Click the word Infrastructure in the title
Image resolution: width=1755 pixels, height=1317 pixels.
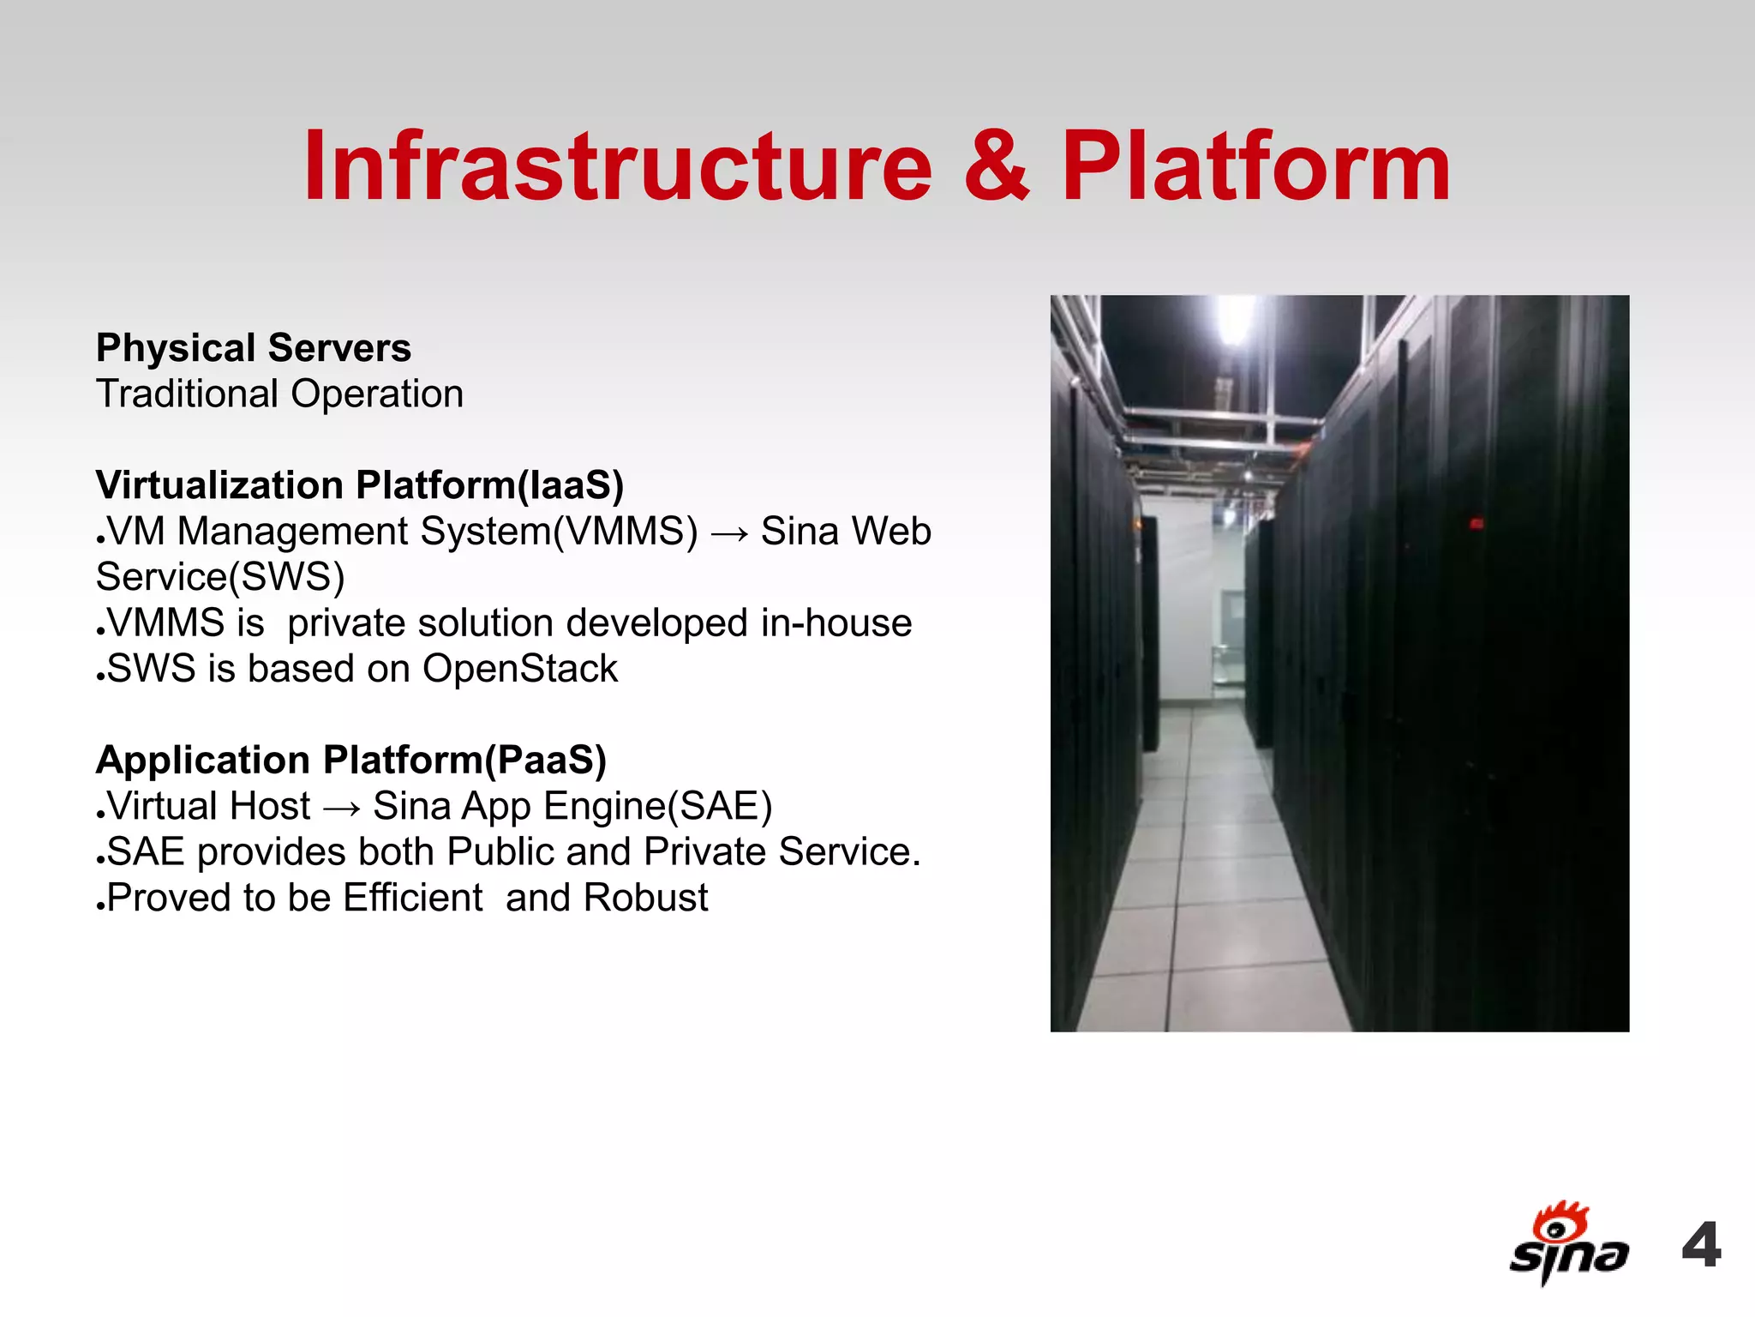617,166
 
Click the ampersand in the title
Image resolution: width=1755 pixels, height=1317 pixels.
996,166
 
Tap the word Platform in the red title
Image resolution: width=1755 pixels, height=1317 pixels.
1256,166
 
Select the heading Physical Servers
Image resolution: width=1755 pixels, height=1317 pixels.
254,348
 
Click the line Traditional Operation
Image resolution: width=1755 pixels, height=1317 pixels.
279,394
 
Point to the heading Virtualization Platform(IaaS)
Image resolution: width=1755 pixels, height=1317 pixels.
360,485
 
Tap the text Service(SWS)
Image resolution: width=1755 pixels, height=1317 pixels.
220,577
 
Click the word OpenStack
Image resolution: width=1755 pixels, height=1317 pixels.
519,669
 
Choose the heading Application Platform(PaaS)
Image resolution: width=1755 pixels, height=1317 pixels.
351,761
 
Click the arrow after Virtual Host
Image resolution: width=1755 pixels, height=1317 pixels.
341,808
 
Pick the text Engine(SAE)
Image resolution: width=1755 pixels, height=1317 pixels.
658,807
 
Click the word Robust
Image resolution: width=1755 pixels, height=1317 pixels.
645,899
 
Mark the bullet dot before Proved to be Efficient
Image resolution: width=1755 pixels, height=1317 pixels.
100,905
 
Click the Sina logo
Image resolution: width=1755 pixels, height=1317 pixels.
1567,1243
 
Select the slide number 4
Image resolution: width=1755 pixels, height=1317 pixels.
1702,1245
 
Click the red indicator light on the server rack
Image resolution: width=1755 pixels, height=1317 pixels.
1476,523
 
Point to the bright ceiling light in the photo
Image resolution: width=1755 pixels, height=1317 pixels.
1235,319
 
